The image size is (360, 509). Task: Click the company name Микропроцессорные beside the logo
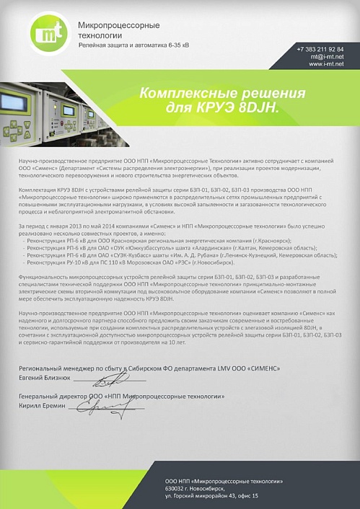coord(119,25)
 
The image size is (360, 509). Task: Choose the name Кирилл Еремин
coord(43,406)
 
